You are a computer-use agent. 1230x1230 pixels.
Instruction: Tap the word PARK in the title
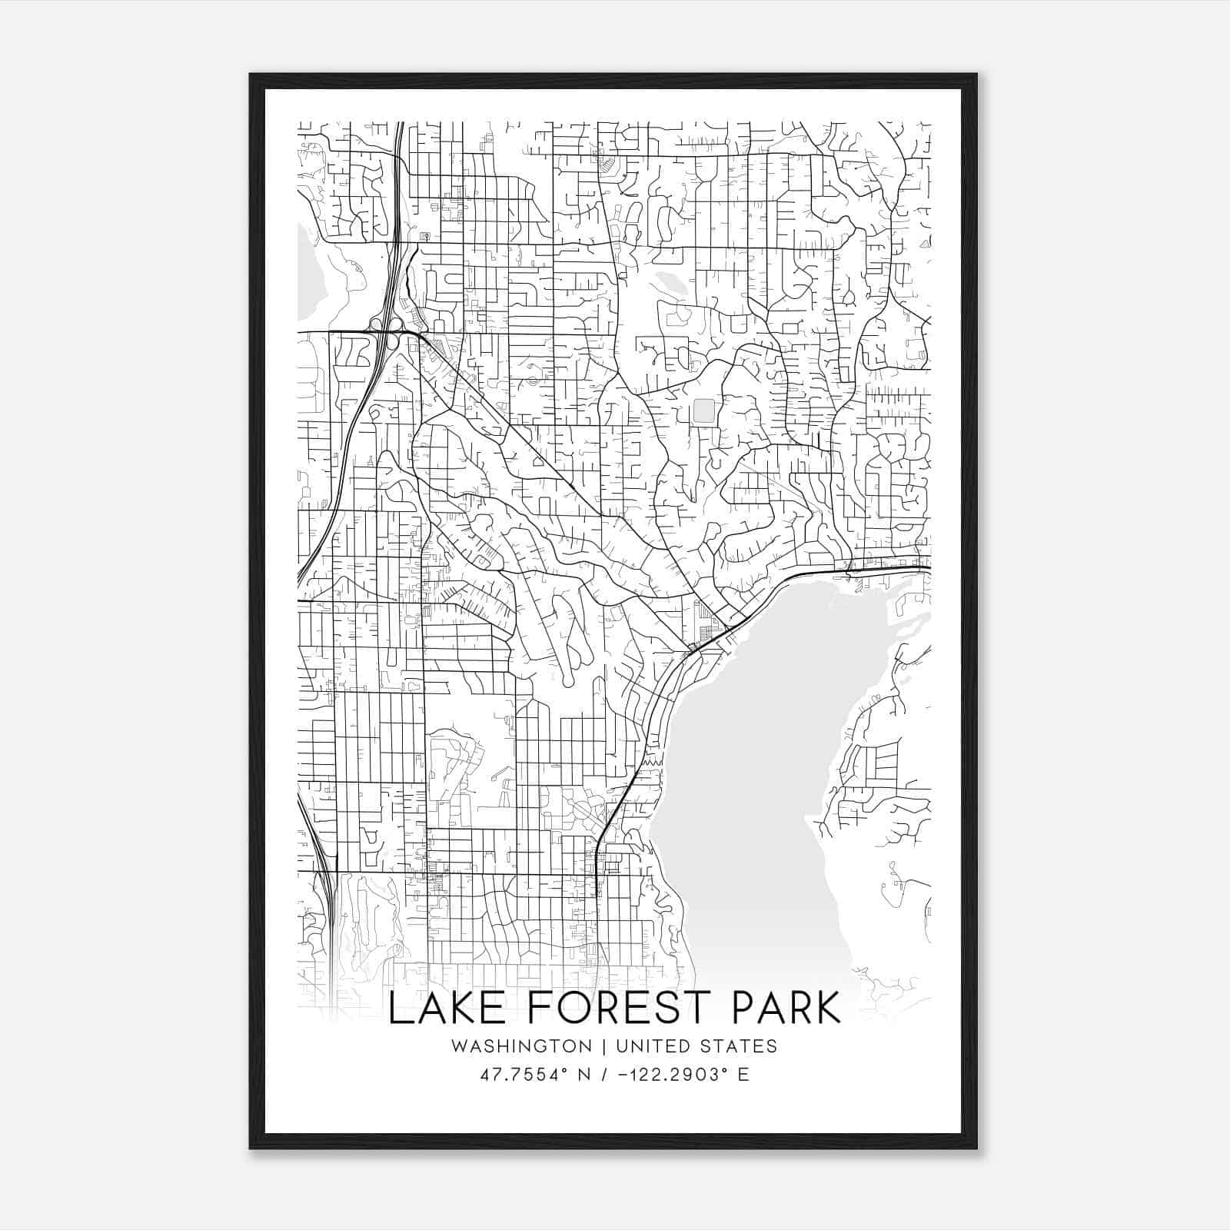776,1009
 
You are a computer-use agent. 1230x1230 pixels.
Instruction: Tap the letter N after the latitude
584,1075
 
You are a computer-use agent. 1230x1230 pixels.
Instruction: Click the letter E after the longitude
743,1075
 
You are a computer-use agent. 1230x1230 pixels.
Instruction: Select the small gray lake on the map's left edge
311,277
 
